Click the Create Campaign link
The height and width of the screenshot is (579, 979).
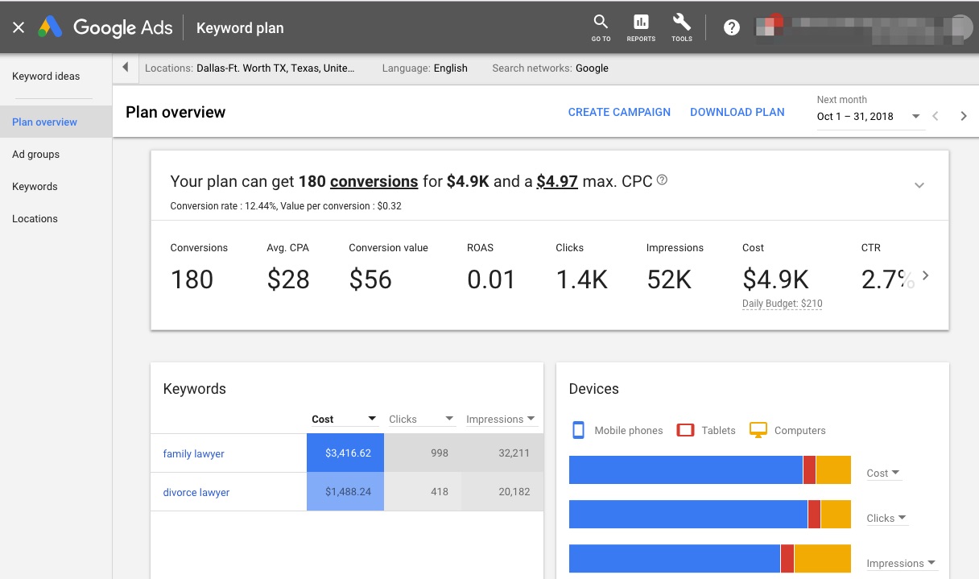[x=619, y=112]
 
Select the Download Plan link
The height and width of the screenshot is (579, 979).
[x=737, y=112]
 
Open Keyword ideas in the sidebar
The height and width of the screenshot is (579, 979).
[x=46, y=77]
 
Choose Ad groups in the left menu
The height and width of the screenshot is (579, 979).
[x=36, y=155]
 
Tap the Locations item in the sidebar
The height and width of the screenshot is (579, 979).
[x=35, y=219]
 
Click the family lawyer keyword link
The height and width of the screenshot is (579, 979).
[x=193, y=453]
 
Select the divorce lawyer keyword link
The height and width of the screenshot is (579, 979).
[x=196, y=492]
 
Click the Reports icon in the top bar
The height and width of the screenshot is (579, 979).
[x=641, y=27]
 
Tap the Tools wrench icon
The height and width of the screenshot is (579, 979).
[x=681, y=27]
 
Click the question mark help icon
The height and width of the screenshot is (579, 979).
[x=731, y=28]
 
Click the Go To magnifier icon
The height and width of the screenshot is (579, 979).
[x=601, y=27]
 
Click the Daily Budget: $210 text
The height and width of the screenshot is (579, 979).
[x=782, y=304]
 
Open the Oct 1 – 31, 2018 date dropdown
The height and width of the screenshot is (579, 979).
[x=868, y=116]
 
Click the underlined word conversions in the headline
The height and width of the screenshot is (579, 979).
[x=374, y=181]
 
